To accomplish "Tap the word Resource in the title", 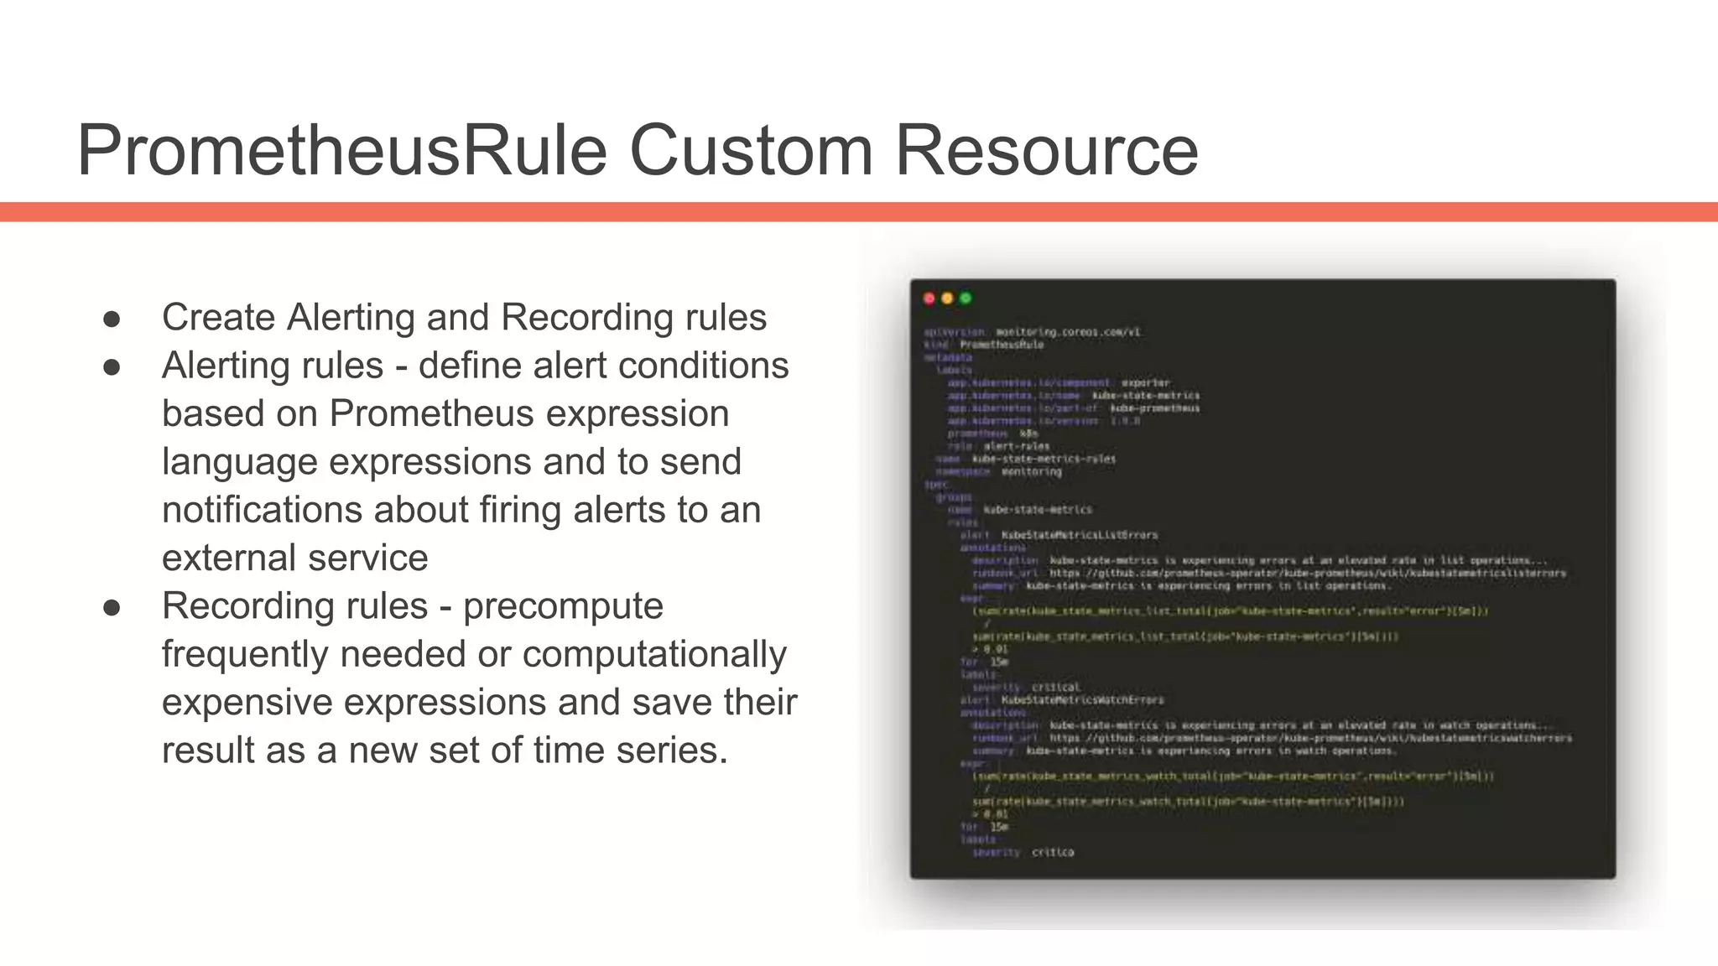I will pos(1047,151).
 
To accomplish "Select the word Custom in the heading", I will pos(751,151).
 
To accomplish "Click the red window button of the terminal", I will pos(929,299).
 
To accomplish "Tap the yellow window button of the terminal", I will pos(947,299).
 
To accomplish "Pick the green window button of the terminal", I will pos(966,299).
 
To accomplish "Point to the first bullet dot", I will pos(112,319).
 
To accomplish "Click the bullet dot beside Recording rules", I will pos(112,608).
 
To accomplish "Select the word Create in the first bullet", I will pos(219,318).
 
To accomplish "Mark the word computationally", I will pos(654,654).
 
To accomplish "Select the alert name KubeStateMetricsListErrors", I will pos(1079,535).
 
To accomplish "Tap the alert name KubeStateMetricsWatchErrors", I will pos(1082,700).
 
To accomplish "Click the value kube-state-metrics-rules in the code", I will pos(1044,459).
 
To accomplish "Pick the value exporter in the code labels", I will pos(1145,383).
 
